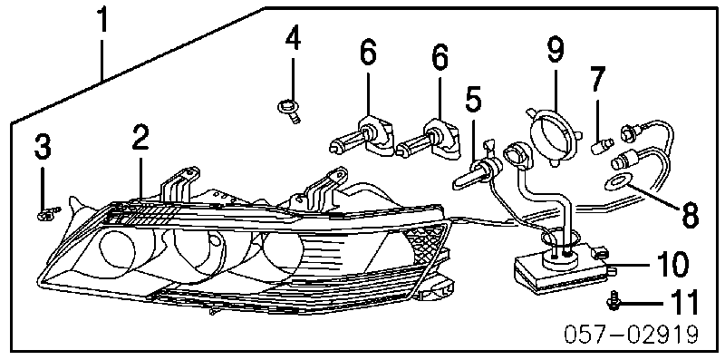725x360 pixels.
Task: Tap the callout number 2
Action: [140, 139]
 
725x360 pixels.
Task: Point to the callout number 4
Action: [292, 39]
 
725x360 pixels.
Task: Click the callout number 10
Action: [672, 266]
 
